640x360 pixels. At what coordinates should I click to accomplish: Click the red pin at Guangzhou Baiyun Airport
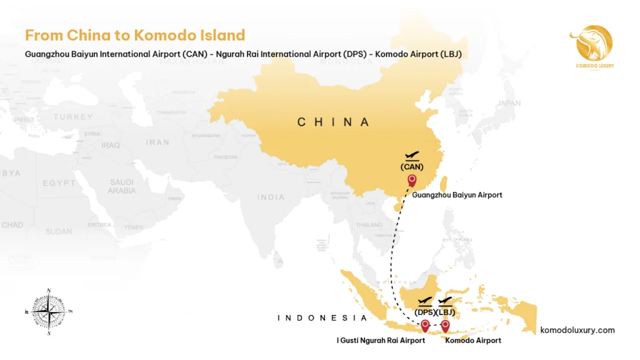click(412, 181)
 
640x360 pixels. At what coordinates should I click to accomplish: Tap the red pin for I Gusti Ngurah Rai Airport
click(425, 326)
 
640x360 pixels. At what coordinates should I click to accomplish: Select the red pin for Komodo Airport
click(445, 326)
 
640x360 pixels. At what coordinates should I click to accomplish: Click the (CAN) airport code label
click(412, 166)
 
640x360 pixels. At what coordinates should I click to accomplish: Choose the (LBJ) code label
click(446, 312)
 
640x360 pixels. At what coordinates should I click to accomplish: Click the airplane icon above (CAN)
click(412, 155)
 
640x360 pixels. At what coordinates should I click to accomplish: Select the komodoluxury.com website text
click(577, 330)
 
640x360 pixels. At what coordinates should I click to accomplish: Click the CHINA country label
click(333, 122)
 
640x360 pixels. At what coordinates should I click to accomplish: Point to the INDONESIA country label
click(322, 318)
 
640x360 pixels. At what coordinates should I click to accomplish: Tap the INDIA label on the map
click(271, 197)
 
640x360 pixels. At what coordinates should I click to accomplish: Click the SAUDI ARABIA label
click(121, 186)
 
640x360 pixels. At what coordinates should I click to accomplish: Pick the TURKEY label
click(73, 117)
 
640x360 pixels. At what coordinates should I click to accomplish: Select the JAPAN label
click(508, 103)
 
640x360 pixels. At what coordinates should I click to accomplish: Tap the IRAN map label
click(157, 142)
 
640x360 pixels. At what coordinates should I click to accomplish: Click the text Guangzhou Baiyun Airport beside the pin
click(457, 195)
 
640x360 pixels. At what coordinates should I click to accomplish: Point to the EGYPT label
click(59, 183)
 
